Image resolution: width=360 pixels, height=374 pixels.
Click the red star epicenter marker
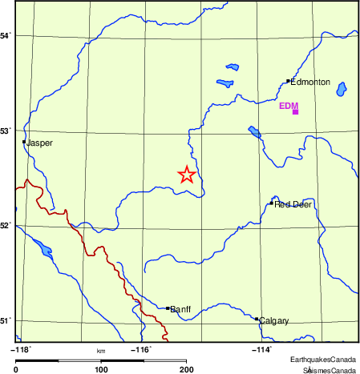[x=186, y=175]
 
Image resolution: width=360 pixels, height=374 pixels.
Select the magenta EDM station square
[x=295, y=112]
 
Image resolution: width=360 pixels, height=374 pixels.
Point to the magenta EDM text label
[x=289, y=106]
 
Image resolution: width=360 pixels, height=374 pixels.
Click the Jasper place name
[x=40, y=143]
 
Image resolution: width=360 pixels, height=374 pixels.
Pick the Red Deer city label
[x=293, y=205]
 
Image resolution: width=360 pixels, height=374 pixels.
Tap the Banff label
[x=180, y=308]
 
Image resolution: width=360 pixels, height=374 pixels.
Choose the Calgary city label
[x=273, y=321]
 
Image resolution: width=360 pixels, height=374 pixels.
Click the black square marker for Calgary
[x=257, y=319]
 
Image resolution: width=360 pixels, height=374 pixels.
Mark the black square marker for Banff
[x=167, y=308]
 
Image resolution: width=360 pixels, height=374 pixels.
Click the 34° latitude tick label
[x=6, y=36]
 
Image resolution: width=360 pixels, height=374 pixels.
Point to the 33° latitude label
[x=6, y=131]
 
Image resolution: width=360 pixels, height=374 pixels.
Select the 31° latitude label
[x=6, y=321]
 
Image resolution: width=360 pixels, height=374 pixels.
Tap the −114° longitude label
[x=262, y=349]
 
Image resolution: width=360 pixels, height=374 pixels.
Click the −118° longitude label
[x=20, y=349]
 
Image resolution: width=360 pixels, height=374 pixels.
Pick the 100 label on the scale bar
[x=101, y=368]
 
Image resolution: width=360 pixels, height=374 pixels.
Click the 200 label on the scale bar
[x=186, y=368]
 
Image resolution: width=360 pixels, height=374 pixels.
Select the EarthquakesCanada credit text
[x=323, y=360]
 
